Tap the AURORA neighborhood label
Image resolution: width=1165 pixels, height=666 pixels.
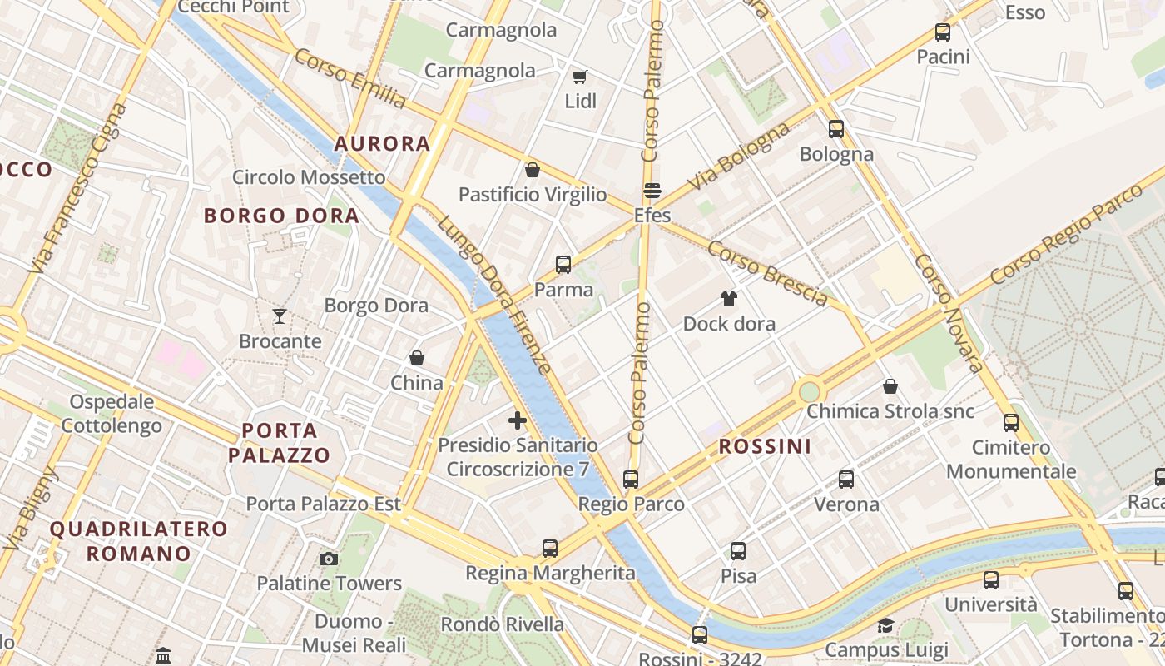pos(382,144)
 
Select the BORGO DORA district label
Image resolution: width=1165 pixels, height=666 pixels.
pos(281,216)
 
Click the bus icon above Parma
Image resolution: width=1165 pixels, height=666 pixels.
pos(563,266)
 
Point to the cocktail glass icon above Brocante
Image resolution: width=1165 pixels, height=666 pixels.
pos(280,316)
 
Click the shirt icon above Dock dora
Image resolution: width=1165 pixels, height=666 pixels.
pos(729,299)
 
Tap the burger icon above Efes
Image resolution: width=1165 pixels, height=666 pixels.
pos(652,191)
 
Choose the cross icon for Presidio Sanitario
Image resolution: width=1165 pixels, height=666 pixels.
pos(518,420)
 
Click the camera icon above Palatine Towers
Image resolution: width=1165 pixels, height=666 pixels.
pos(329,559)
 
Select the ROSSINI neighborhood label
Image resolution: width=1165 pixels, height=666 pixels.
pos(765,446)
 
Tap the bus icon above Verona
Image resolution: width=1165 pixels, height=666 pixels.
pos(846,480)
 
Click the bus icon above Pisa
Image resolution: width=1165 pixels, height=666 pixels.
pos(738,551)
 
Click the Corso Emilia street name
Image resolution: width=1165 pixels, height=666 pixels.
pos(349,78)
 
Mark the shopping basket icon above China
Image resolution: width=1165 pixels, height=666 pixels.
pos(417,359)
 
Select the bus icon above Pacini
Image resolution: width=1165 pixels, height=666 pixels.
pos(943,33)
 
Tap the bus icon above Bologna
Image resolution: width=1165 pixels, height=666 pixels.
pos(836,129)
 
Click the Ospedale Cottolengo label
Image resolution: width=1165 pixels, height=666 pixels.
pos(112,414)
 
